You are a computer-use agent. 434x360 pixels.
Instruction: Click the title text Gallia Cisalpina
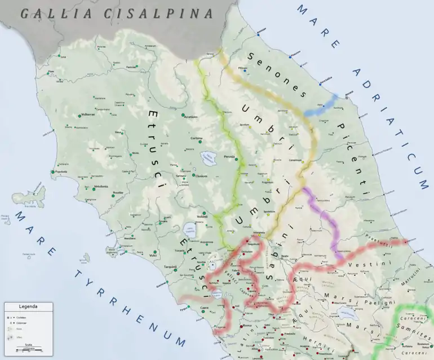(117, 14)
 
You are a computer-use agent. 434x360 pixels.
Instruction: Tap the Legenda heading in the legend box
(28, 307)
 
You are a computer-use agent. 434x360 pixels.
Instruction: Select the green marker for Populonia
(53, 172)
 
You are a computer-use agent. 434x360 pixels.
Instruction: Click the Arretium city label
(191, 117)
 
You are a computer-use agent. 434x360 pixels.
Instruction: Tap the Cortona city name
(196, 138)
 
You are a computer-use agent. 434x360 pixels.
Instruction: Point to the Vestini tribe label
(362, 264)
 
